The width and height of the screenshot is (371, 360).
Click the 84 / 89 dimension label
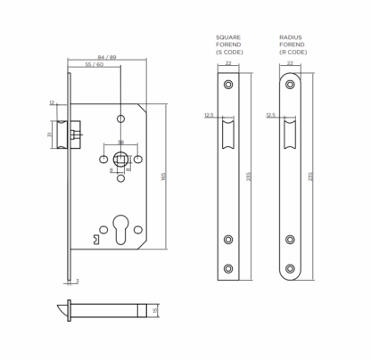tap(107, 57)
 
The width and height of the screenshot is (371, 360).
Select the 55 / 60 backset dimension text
tap(95, 64)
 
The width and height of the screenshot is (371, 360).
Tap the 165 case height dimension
tap(163, 176)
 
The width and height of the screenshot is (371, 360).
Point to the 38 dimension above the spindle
tap(120, 143)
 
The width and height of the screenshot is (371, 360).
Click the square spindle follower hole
tap(120, 160)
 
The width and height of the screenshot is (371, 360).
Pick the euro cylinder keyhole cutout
tap(120, 230)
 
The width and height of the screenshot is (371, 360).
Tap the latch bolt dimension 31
tap(49, 135)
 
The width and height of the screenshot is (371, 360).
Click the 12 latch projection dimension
tap(52, 102)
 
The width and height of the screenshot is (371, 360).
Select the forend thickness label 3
tap(78, 281)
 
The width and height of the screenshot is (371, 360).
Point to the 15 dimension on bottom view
tap(154, 311)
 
